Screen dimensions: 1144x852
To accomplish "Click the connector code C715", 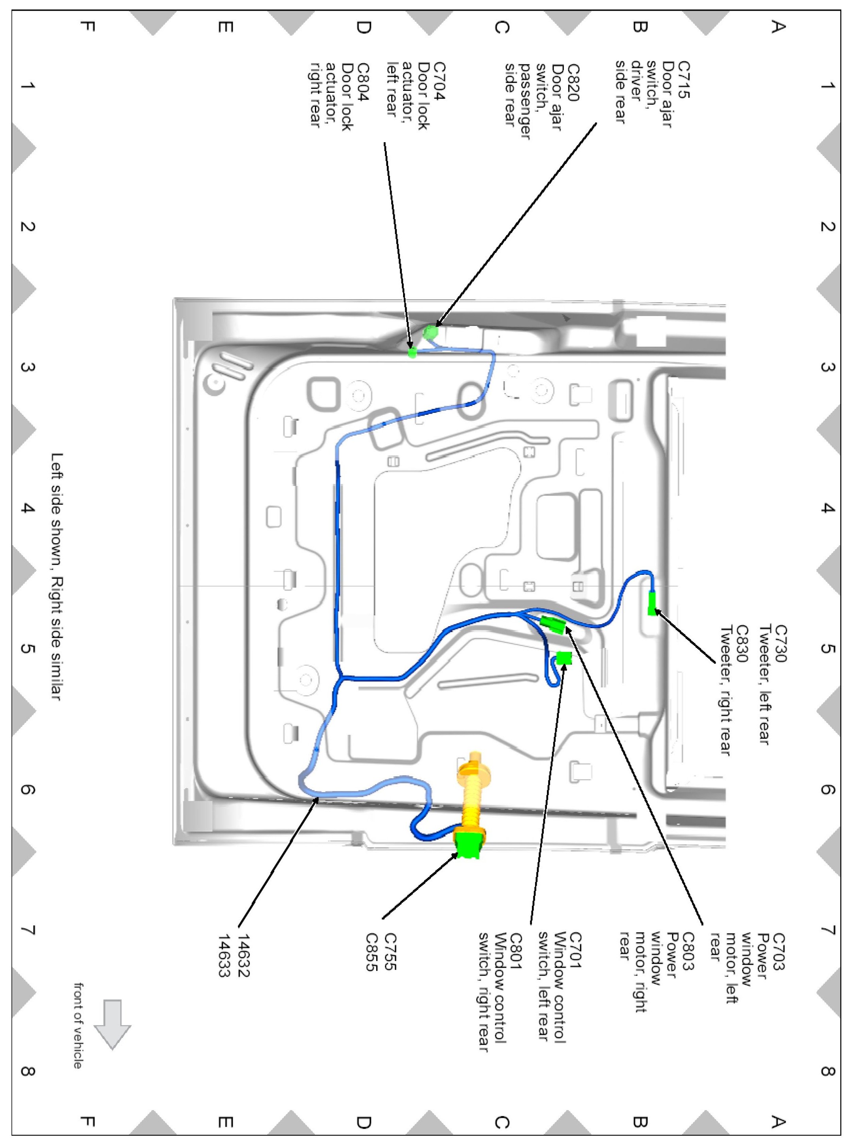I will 683,80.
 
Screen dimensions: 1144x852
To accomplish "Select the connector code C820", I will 573,83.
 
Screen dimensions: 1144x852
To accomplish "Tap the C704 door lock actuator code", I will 440,81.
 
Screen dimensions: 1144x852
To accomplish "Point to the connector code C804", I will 364,82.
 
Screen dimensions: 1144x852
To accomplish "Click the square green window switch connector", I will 564,659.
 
